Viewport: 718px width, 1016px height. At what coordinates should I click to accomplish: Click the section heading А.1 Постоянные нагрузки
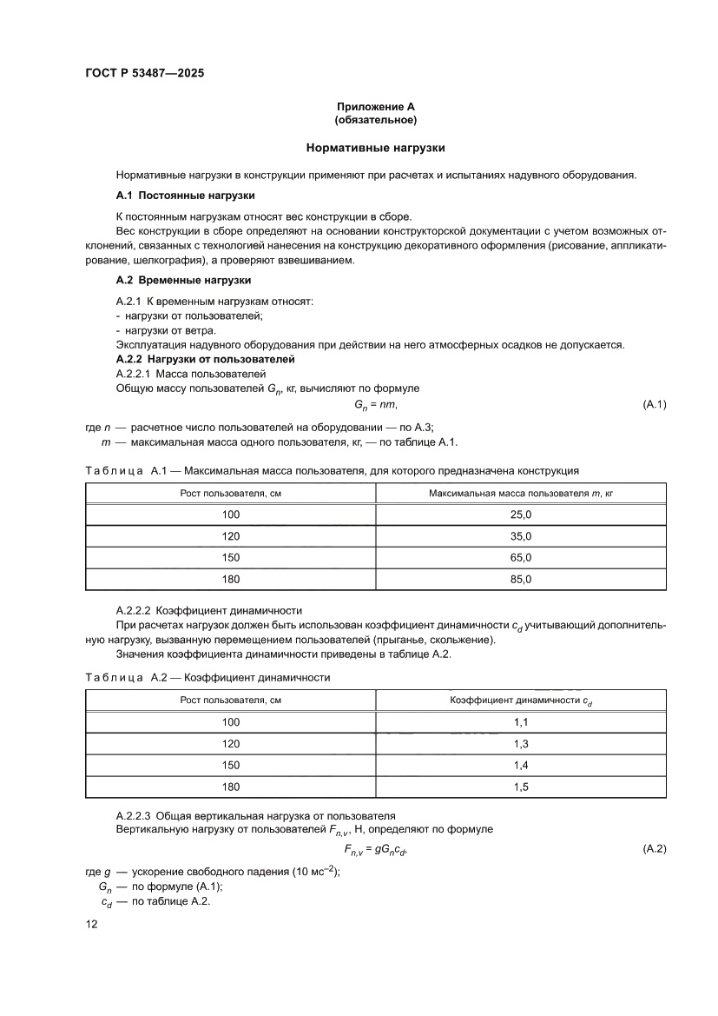click(185, 196)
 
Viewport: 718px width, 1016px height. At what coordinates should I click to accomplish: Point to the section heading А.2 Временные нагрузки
click(183, 280)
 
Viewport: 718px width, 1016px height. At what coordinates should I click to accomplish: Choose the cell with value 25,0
click(521, 515)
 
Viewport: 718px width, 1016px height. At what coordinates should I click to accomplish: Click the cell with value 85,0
click(521, 578)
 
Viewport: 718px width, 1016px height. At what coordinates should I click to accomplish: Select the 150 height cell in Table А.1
click(231, 557)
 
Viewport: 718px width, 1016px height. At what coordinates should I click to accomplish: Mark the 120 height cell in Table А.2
click(231, 743)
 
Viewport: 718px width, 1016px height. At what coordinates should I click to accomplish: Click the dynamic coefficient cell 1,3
click(521, 743)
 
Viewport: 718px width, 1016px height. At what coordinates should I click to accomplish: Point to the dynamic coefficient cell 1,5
click(521, 787)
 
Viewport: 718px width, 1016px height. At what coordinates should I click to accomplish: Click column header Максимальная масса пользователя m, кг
click(521, 493)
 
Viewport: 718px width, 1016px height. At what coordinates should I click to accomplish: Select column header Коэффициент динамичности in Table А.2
click(521, 700)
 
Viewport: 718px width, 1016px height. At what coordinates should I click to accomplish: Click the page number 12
click(91, 925)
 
